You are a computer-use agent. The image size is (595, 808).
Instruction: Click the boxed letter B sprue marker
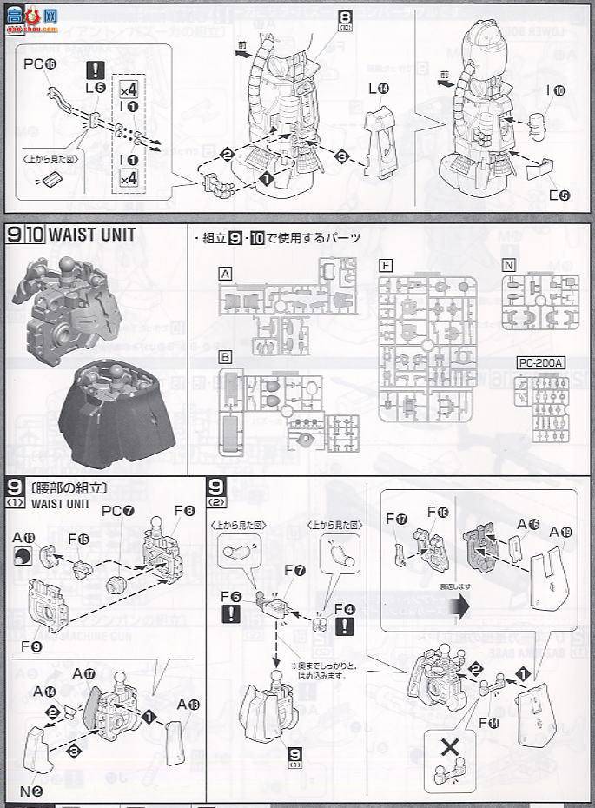(226, 356)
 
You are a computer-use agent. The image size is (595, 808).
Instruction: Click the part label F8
(183, 511)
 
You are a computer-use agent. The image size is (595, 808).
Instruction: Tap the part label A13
(23, 539)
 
